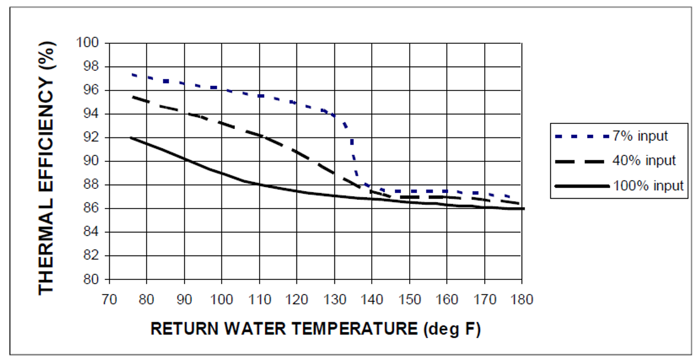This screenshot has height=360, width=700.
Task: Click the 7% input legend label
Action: pos(647,136)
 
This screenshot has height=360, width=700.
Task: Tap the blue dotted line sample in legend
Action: pos(581,137)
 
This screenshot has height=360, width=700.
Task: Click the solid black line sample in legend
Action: pos(581,186)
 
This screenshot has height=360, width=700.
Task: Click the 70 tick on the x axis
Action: pos(109,300)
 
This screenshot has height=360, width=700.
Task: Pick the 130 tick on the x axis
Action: pos(334,300)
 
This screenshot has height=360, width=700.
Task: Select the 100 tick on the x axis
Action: pos(222,300)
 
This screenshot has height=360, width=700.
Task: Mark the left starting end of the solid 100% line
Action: pos(132,137)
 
